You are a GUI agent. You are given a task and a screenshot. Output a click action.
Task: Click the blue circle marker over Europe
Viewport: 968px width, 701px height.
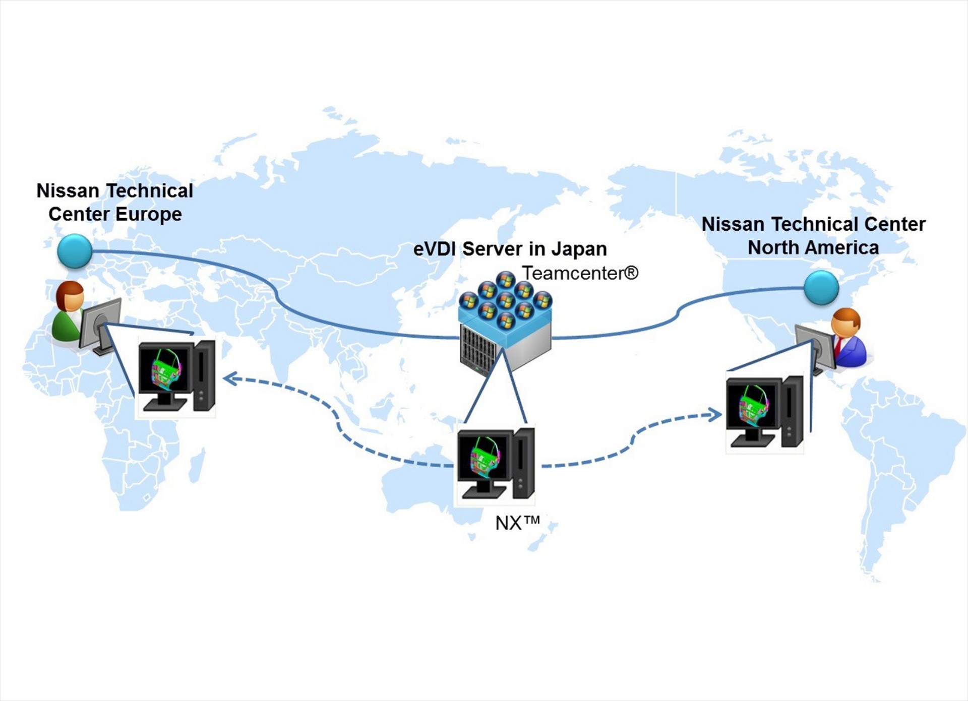[x=75, y=251]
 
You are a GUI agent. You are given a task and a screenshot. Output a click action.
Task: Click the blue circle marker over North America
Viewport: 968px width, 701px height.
[x=821, y=287]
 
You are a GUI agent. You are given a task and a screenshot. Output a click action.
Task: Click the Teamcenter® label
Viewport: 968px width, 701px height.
[x=580, y=273]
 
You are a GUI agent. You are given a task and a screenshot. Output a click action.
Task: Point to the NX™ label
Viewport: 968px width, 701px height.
[x=517, y=523]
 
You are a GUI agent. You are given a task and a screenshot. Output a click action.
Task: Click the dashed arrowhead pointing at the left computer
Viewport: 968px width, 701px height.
[x=229, y=378]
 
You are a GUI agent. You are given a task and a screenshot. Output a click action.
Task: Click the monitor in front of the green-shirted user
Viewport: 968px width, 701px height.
[x=100, y=324]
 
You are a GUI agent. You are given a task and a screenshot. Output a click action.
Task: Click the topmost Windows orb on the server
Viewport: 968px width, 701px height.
[x=505, y=279]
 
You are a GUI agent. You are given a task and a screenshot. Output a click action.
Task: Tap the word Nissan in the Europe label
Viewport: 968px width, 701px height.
[x=68, y=191]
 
